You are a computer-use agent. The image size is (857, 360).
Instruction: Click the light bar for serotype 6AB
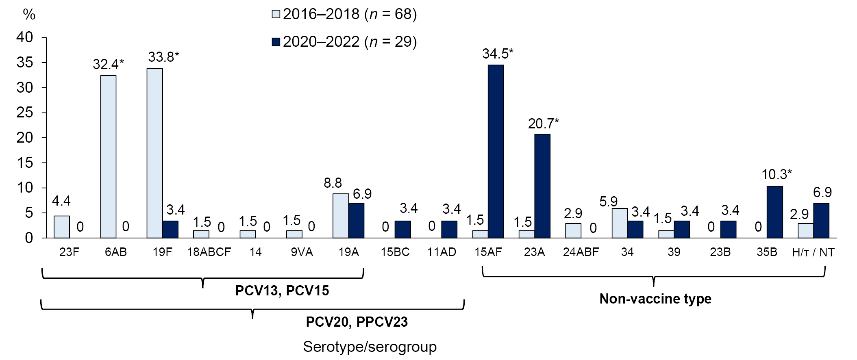[x=108, y=156]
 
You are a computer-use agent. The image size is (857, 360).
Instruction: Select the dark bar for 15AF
[x=496, y=151]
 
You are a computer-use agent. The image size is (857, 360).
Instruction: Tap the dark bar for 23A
[x=542, y=186]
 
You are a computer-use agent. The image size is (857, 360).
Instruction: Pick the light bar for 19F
[x=155, y=153]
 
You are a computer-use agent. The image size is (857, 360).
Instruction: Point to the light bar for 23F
[x=62, y=227]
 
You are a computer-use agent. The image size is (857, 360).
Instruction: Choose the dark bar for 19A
[x=356, y=220]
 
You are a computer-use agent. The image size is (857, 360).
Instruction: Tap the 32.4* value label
[x=108, y=64]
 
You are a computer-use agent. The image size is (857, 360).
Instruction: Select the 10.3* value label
[x=777, y=175]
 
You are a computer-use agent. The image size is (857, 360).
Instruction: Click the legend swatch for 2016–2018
[x=276, y=15]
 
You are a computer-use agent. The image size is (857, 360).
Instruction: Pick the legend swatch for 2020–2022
[x=276, y=42]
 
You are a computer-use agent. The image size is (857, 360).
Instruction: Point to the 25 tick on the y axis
[x=25, y=113]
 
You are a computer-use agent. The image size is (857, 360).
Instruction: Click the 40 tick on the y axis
[x=25, y=37]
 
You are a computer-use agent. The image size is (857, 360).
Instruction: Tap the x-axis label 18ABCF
[x=209, y=252]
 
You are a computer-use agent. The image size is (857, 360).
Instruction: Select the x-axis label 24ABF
[x=581, y=252]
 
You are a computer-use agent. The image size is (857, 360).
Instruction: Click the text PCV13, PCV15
[x=282, y=291]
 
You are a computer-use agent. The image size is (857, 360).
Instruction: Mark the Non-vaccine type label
[x=655, y=299]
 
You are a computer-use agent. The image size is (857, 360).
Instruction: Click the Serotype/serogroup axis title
[x=370, y=347]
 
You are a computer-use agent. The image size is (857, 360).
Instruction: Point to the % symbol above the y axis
[x=29, y=15]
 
